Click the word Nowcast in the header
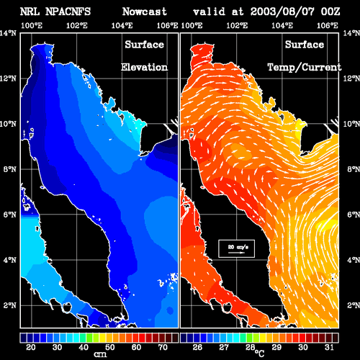click(x=145, y=12)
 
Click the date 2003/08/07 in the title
click(x=282, y=12)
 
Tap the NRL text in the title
click(x=30, y=12)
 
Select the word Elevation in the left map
click(x=144, y=67)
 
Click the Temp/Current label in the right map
click(x=305, y=67)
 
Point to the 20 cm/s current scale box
click(x=236, y=248)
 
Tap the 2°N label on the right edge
click(x=354, y=305)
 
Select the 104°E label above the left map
click(x=122, y=25)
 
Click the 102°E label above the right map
click(x=237, y=25)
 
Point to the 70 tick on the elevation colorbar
click(x=163, y=347)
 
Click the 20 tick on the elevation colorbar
click(x=30, y=347)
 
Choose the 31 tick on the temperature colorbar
click(x=329, y=347)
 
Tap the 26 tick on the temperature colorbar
click(x=197, y=347)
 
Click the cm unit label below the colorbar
click(x=100, y=354)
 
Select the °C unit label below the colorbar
click(x=259, y=354)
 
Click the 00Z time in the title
click(x=330, y=12)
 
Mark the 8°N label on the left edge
click(x=9, y=169)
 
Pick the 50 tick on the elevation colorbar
click(x=109, y=347)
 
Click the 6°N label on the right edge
click(x=354, y=215)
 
